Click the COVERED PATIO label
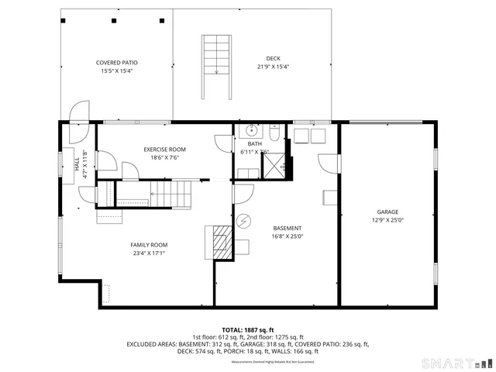(x=116, y=63)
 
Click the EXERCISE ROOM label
(x=164, y=150)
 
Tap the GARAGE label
(x=387, y=212)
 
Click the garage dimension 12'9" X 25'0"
(x=387, y=220)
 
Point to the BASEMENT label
(x=287, y=228)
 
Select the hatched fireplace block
(x=222, y=242)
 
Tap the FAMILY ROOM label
(x=148, y=244)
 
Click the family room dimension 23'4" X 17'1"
(x=148, y=253)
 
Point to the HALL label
(x=76, y=164)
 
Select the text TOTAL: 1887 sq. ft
(x=248, y=329)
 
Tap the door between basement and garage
(x=330, y=164)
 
